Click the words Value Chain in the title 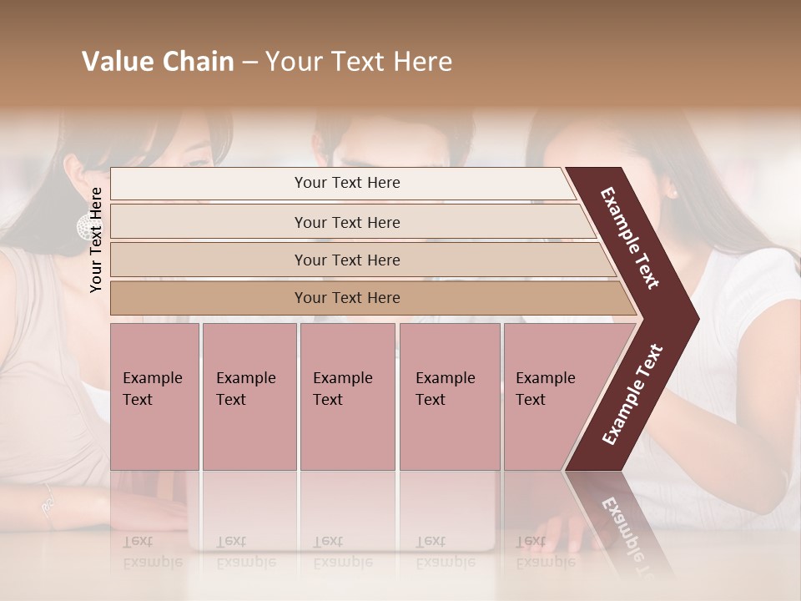pos(158,62)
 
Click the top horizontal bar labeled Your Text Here pos(346,183)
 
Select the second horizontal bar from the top pos(346,222)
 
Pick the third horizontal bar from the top pos(346,260)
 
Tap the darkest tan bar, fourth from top pos(346,298)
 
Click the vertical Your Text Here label pos(96,240)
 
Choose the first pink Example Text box pos(154,396)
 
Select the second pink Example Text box pos(249,396)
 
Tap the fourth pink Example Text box pos(449,396)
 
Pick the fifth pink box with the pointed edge pos(551,396)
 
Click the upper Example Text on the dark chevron pos(630,238)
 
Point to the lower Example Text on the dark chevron pos(632,395)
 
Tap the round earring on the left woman pos(85,226)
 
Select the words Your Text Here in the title pos(359,62)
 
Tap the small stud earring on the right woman pos(673,194)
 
